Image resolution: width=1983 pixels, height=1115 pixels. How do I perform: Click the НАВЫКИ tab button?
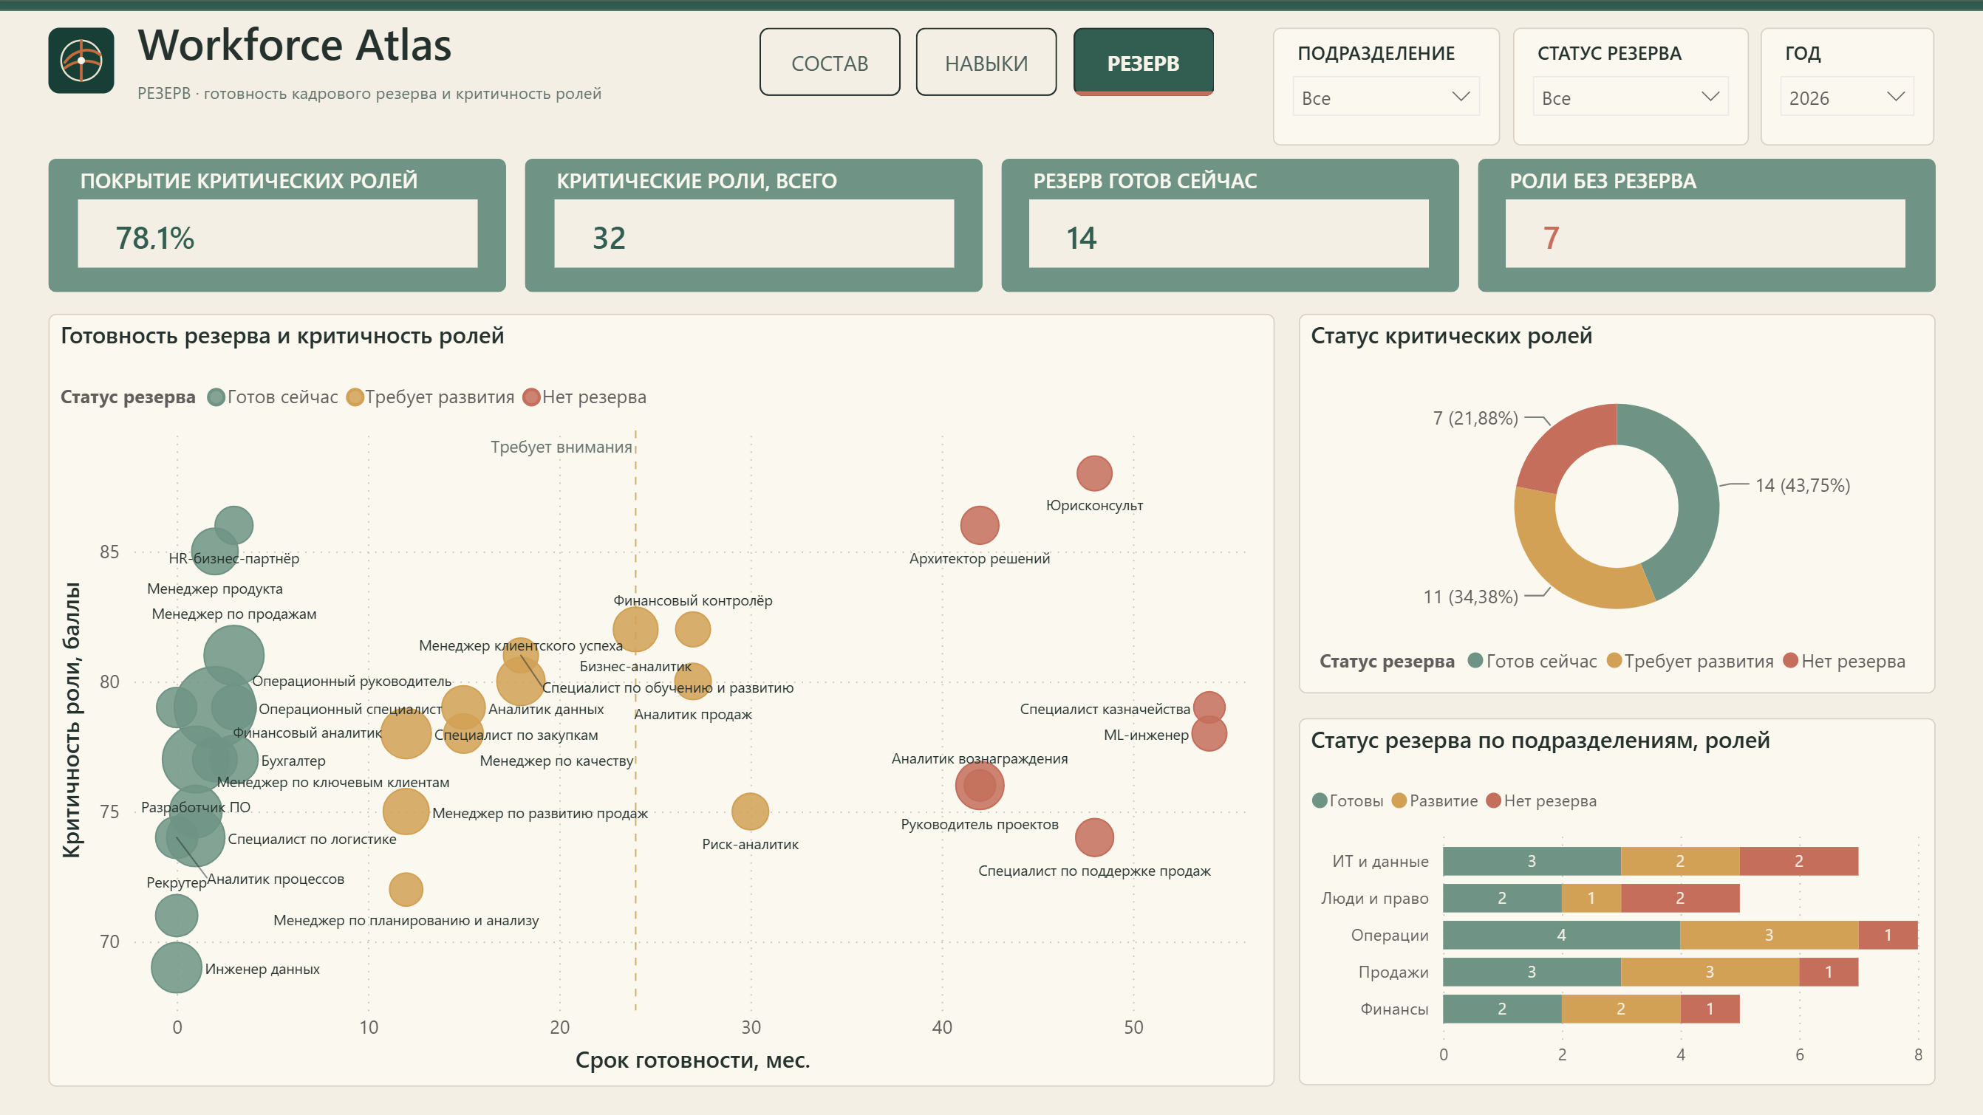click(986, 62)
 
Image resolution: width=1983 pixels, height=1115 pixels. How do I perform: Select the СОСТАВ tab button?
click(830, 62)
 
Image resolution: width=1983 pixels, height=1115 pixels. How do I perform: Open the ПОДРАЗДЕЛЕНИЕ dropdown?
click(1385, 97)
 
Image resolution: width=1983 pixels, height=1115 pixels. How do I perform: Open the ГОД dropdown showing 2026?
click(1847, 97)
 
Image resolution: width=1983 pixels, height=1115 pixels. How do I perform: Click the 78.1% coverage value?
click(154, 238)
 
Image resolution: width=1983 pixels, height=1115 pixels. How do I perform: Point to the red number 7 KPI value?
click(1551, 238)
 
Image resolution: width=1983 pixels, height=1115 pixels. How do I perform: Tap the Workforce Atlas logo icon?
click(81, 61)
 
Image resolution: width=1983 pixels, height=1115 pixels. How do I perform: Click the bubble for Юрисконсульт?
click(1094, 473)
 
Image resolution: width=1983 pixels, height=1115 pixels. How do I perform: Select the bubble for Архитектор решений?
click(979, 526)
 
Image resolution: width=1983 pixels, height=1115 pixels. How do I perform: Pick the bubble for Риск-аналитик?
click(750, 811)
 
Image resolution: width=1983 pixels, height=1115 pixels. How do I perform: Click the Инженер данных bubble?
click(177, 967)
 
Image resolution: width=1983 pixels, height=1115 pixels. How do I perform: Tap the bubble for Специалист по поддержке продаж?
click(1094, 837)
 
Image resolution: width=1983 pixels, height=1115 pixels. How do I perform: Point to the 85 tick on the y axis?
click(109, 552)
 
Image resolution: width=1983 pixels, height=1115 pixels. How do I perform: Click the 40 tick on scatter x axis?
click(942, 1027)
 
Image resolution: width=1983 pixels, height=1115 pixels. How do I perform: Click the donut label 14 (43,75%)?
click(1802, 486)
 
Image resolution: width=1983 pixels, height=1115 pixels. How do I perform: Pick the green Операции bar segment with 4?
click(1561, 935)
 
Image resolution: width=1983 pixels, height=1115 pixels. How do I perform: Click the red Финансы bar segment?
click(1710, 1009)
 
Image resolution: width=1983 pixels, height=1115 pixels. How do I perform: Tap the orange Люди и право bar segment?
click(1591, 898)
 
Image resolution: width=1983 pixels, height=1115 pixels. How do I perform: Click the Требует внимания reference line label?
click(562, 447)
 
